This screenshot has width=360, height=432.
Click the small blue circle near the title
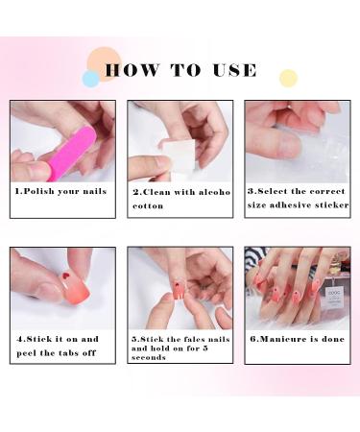(91, 79)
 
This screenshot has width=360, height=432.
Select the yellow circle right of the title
(288, 78)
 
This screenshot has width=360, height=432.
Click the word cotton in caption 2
(148, 205)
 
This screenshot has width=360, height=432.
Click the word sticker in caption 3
(330, 204)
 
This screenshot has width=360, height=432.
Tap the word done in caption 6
(332, 339)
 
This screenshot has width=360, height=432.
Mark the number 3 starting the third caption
(251, 190)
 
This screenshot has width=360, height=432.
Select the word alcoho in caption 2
(212, 191)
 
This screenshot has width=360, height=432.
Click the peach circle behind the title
(104, 61)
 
